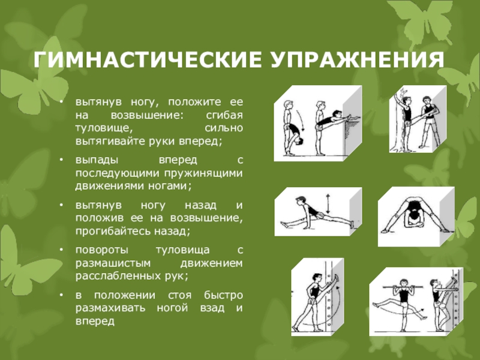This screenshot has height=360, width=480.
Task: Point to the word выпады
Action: pos(97,160)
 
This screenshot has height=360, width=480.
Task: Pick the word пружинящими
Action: pos(203,173)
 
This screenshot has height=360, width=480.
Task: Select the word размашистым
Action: pos(113,263)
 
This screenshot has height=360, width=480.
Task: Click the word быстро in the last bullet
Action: pos(223,295)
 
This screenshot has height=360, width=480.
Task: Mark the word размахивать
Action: pos(110,308)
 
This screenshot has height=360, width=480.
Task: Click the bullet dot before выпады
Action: pos(62,160)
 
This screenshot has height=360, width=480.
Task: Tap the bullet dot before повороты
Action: pos(62,250)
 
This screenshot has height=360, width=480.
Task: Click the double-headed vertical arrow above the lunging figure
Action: pos(328,203)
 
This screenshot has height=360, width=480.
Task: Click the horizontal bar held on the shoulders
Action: pos(403,287)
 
